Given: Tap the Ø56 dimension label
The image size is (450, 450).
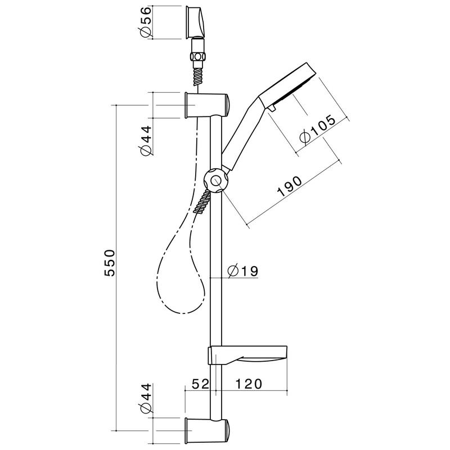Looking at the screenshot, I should point(145,22).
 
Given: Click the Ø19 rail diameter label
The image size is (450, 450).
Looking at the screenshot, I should point(243,271).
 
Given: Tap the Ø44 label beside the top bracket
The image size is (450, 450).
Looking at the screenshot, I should point(145,140).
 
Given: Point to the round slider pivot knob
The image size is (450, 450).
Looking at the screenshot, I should point(216,181).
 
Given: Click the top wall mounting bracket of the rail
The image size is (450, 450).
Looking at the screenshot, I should point(206,105).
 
